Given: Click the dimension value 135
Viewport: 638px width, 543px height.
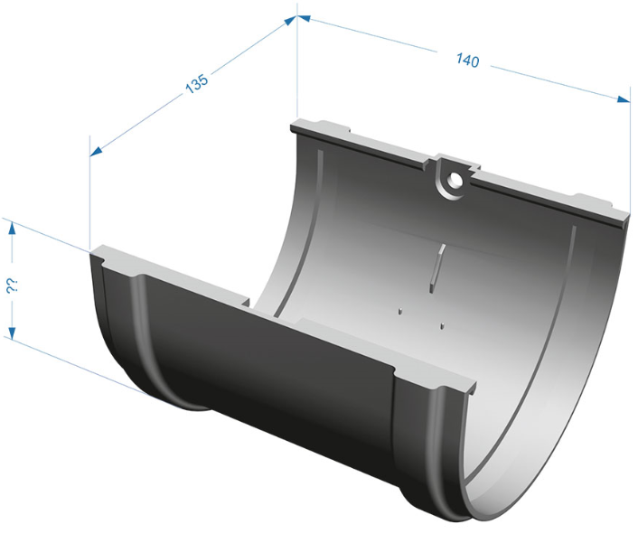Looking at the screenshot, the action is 197,83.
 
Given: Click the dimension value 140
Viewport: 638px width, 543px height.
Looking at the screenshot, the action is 467,61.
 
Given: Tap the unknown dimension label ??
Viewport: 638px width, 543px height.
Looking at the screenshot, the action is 11,286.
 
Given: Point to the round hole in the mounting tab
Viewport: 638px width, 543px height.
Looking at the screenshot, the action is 453,178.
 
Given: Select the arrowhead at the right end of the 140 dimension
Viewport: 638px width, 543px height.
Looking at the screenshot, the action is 624,98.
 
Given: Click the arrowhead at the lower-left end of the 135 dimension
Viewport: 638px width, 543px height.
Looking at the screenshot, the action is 96,151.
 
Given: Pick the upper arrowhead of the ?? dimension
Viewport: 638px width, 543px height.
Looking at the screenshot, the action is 13,229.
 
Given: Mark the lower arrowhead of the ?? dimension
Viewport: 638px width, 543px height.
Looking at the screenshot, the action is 13,332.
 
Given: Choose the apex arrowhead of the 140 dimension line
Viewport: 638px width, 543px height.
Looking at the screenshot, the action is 305,18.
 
